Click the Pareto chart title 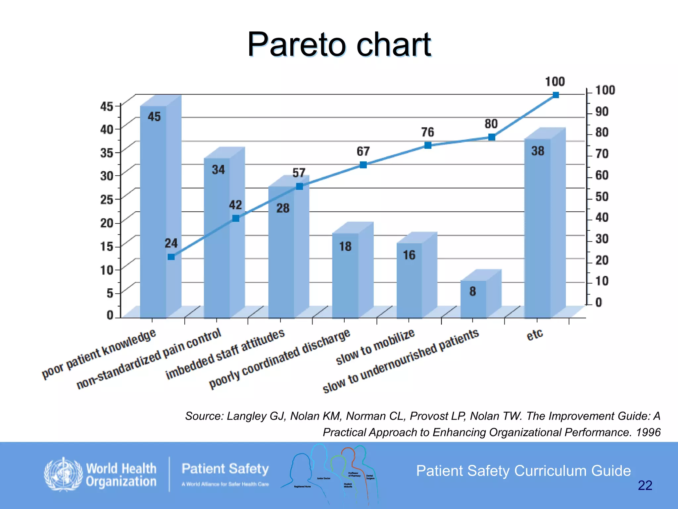[339, 44]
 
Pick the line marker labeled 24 [171, 257]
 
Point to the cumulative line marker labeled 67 [363, 165]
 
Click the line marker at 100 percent [556, 95]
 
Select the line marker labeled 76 [428, 145]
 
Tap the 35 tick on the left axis [107, 153]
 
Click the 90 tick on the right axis [602, 112]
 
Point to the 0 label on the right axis [599, 302]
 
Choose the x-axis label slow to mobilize [375, 347]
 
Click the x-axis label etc [535, 335]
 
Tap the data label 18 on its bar [345, 247]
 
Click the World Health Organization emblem [63, 475]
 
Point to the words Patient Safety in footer [225, 469]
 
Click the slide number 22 [645, 485]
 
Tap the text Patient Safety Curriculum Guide [523, 471]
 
